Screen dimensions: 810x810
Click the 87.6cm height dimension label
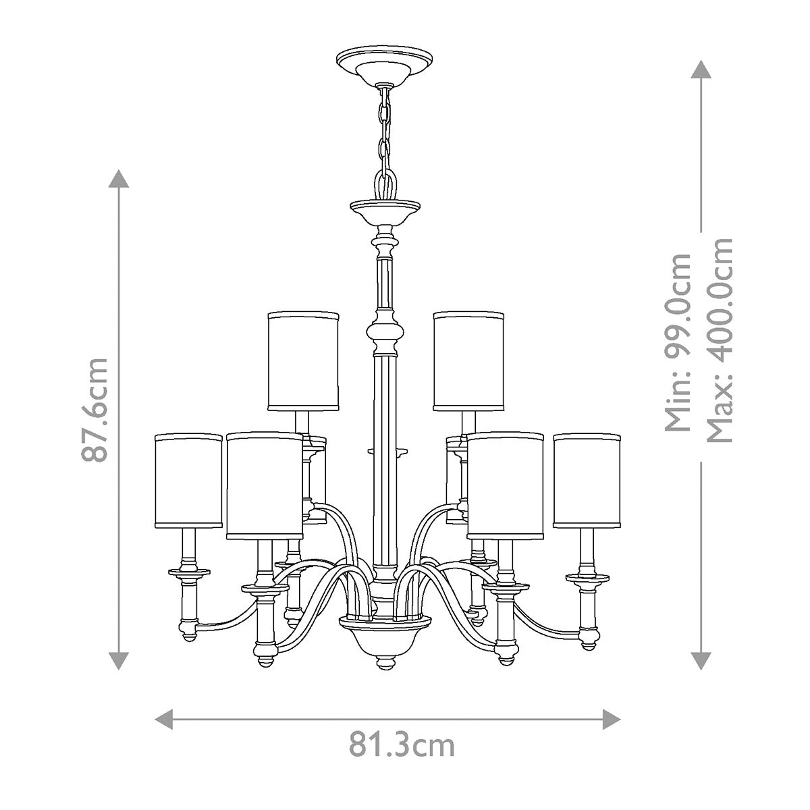[x=94, y=409]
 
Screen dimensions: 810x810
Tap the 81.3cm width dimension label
[x=402, y=746]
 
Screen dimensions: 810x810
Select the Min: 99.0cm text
[x=678, y=342]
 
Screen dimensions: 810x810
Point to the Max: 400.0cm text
[x=718, y=340]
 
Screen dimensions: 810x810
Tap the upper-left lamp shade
[x=303, y=360]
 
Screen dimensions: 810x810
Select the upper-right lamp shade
[x=468, y=360]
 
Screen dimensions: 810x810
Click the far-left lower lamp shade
[x=188, y=481]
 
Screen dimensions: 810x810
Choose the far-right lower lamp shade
[x=587, y=481]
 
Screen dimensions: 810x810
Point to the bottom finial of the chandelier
[x=385, y=661]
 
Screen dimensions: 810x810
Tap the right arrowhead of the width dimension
[x=612, y=718]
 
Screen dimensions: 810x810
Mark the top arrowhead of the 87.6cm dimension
[x=119, y=181]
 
